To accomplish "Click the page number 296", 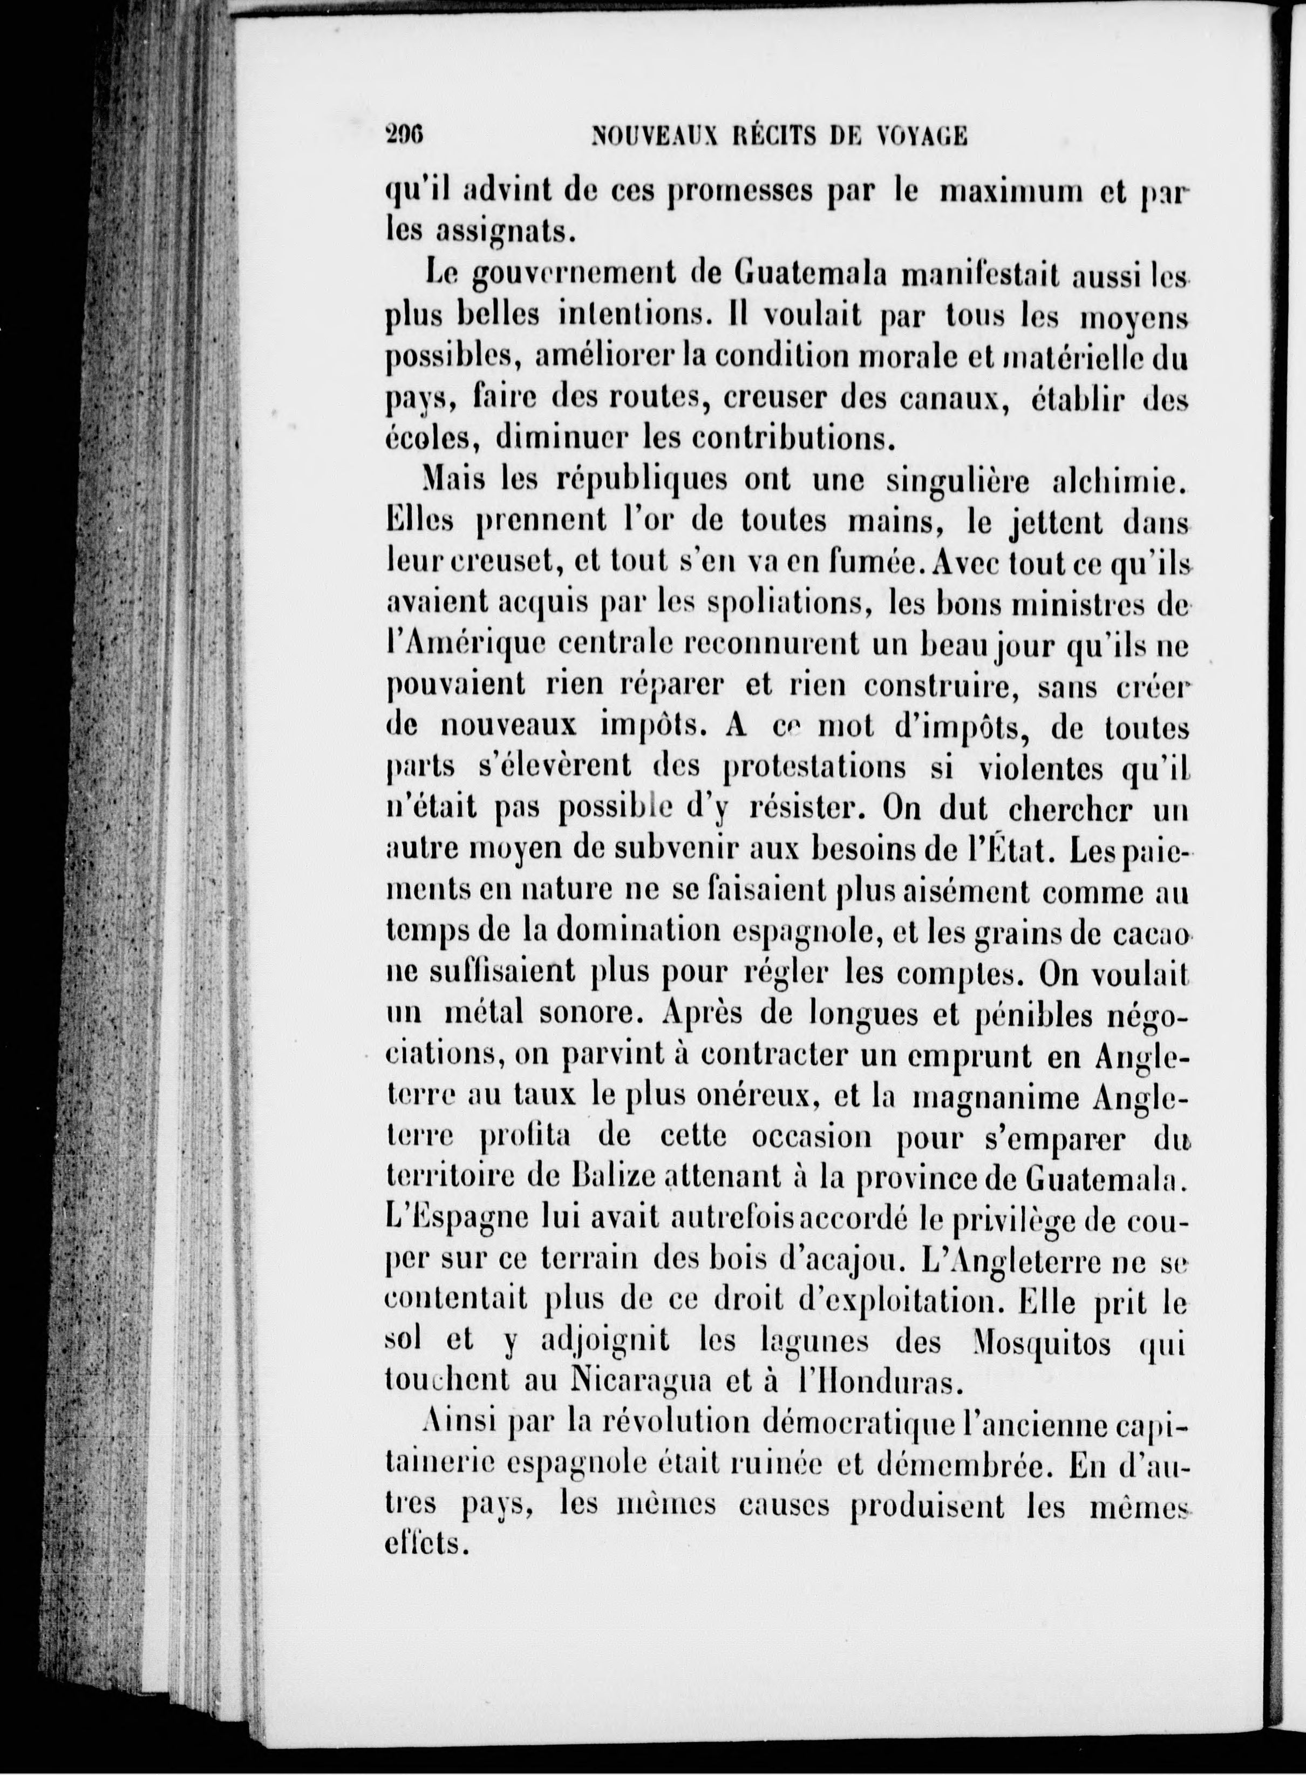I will (405, 135).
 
